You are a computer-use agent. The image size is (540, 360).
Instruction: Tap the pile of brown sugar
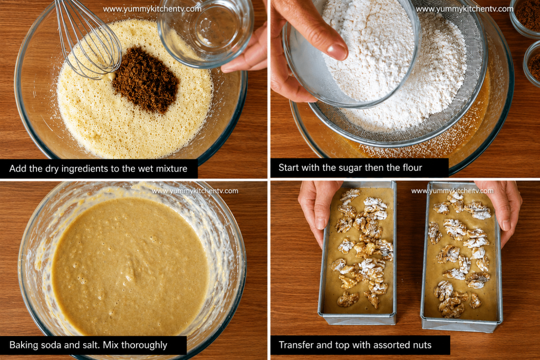[x=146, y=80]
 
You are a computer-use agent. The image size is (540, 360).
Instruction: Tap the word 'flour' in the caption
[x=412, y=168]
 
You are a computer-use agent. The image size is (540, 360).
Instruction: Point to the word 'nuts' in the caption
[x=422, y=345]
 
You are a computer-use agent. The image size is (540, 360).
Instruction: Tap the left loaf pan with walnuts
[x=358, y=252]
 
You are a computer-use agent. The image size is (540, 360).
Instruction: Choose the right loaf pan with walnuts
[x=461, y=256]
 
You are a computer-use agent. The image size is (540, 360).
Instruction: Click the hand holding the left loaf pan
[x=317, y=210]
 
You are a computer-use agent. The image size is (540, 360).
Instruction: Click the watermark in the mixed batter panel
[x=195, y=191]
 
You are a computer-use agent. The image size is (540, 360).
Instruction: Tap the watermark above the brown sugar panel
[x=152, y=9]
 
